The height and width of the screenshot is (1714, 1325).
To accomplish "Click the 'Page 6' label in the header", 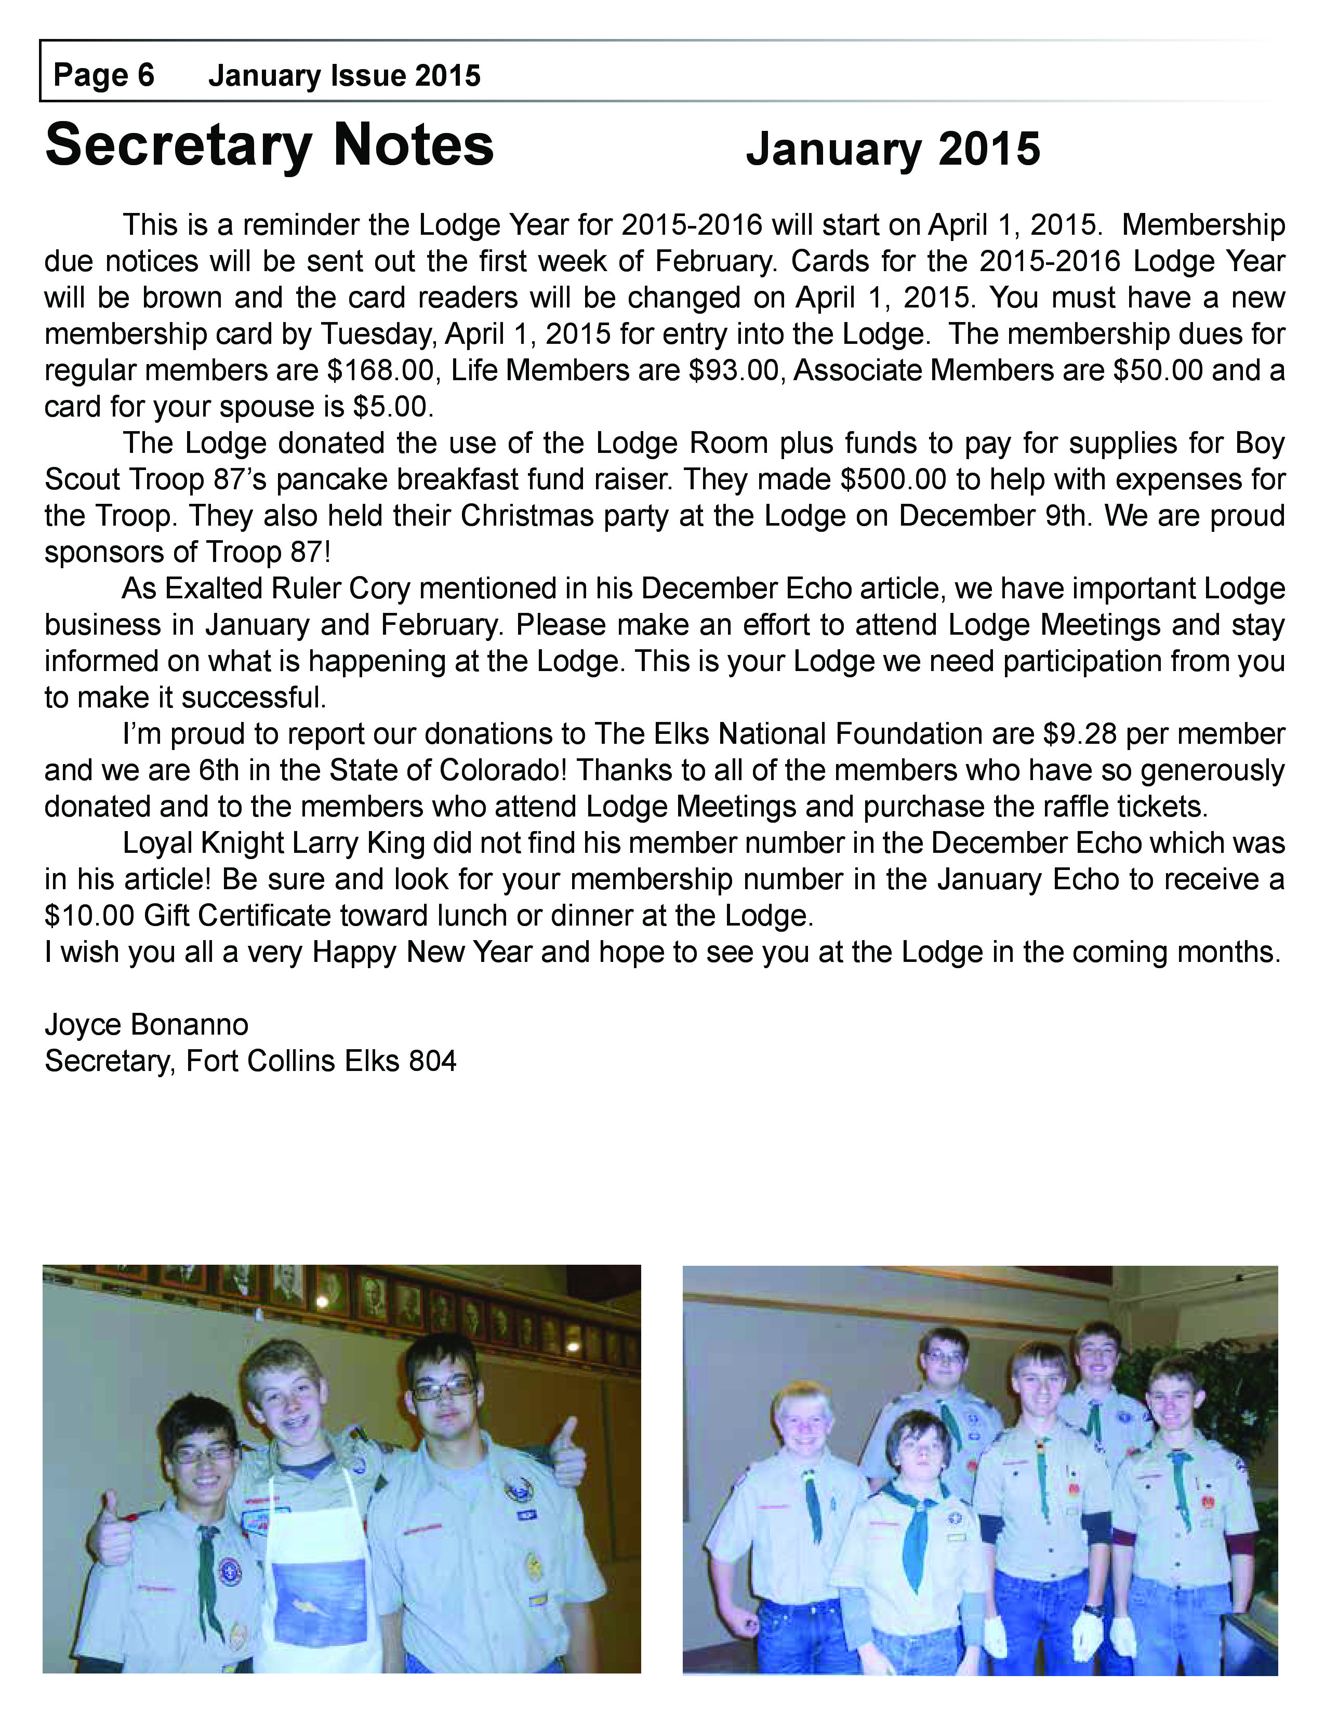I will (103, 75).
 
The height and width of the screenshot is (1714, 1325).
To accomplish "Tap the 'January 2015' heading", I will (893, 149).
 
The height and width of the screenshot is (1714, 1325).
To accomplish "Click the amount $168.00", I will (380, 370).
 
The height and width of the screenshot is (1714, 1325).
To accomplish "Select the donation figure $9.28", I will (1079, 734).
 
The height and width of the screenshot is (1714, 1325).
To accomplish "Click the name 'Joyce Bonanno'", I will (147, 1025).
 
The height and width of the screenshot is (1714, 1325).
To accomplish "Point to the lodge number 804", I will (432, 1061).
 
